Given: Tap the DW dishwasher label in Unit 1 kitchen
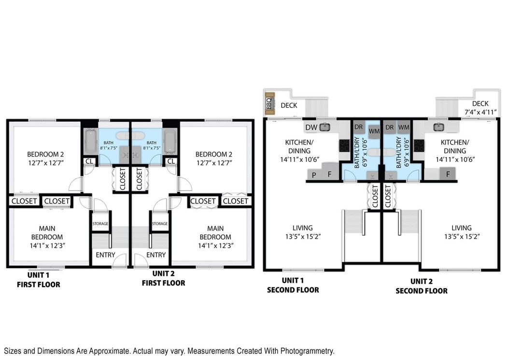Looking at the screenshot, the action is pyautogui.click(x=311, y=128).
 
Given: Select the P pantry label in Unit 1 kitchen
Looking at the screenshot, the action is pyautogui.click(x=314, y=175).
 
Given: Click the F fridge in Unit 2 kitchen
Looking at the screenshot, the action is pyautogui.click(x=448, y=174).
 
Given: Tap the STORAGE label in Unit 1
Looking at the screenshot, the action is pyautogui.click(x=100, y=224).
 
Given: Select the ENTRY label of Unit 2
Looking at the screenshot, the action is pyautogui.click(x=156, y=255).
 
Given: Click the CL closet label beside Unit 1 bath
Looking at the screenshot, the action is pyautogui.click(x=89, y=161).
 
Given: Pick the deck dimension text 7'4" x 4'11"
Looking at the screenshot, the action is pyautogui.click(x=481, y=112).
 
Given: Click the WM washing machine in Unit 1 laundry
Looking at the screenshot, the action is pyautogui.click(x=374, y=131).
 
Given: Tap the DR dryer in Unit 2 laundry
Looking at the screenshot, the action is pyautogui.click(x=390, y=128).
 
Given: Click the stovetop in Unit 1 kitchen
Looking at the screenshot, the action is pyautogui.click(x=344, y=146).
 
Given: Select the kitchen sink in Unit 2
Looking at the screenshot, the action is pyautogui.click(x=439, y=127).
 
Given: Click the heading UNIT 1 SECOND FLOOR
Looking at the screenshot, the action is pyautogui.click(x=293, y=285).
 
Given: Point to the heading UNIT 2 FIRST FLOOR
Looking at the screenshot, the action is pyautogui.click(x=163, y=278).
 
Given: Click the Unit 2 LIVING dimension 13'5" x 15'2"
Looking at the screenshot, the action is pyautogui.click(x=462, y=236).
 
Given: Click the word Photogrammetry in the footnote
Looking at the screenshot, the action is pyautogui.click(x=307, y=351).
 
